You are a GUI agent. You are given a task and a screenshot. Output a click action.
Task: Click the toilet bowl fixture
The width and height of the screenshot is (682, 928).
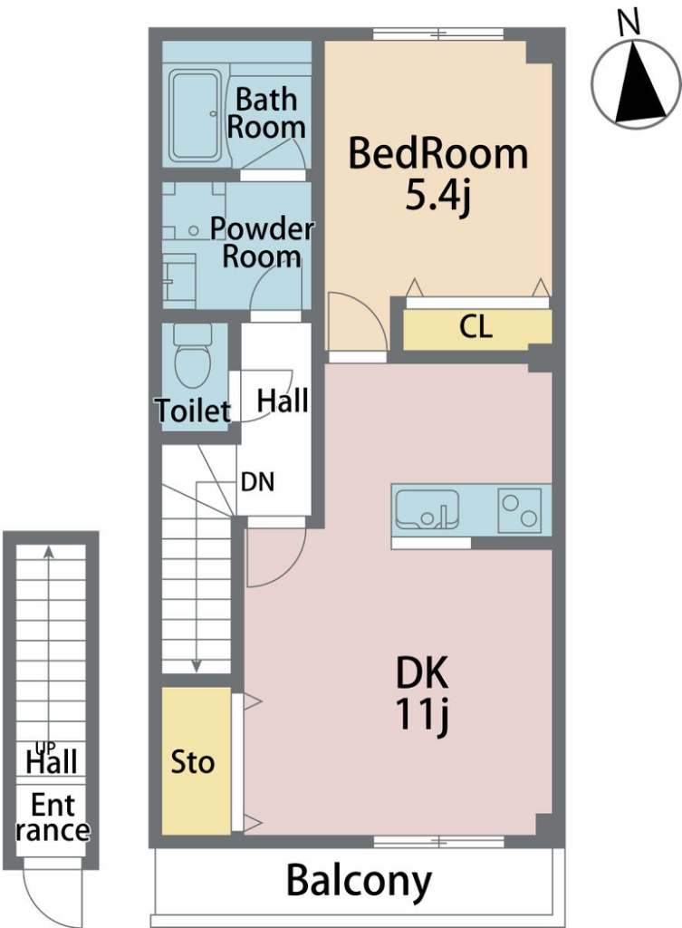(193, 354)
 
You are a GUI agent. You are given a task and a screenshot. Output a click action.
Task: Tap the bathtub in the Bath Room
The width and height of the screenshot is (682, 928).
(195, 116)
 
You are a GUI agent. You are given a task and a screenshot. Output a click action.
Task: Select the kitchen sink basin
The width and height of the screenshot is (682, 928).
(427, 509)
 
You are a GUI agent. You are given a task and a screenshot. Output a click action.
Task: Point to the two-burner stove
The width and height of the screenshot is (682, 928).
(519, 510)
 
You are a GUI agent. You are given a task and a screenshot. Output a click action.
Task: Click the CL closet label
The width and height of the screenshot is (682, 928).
(476, 327)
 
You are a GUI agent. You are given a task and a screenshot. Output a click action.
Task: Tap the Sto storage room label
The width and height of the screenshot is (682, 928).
(192, 762)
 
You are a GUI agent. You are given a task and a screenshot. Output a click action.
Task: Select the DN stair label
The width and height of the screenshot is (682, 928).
(258, 482)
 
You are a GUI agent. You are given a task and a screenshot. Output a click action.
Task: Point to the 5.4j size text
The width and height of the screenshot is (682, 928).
(437, 196)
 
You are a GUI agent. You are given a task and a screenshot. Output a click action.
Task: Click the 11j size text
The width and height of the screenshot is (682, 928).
(422, 715)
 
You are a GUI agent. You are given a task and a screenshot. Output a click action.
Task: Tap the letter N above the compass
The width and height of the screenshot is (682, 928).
(629, 24)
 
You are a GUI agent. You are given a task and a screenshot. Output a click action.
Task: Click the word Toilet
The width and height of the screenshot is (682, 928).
(193, 411)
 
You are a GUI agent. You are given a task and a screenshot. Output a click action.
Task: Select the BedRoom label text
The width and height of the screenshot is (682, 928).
(437, 153)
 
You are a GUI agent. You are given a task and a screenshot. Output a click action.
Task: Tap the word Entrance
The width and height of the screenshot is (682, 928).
(53, 818)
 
